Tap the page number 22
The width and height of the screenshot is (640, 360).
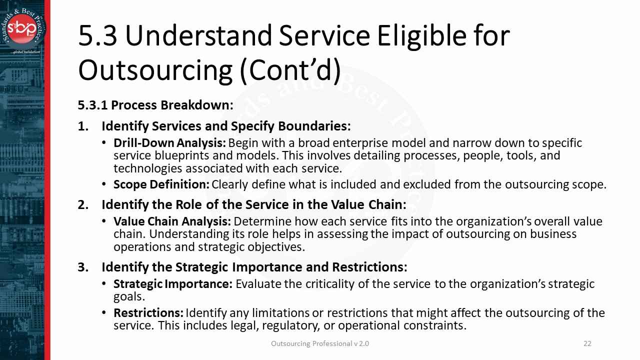(587, 343)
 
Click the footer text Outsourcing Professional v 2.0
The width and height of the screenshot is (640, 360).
(320, 343)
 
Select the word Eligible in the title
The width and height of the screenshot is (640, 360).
(421, 36)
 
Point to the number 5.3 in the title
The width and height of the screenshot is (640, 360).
(97, 36)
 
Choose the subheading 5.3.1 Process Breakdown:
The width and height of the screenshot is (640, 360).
(155, 105)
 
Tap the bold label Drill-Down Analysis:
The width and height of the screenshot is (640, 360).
(169, 143)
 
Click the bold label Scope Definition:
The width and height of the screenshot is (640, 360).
(161, 184)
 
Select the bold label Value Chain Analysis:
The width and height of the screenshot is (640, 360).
(172, 221)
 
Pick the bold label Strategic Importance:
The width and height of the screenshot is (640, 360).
(172, 284)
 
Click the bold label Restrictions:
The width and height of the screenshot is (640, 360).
(148, 313)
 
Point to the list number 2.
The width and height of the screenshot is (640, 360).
(82, 204)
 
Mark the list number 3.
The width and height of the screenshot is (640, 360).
(82, 267)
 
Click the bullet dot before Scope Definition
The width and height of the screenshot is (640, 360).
(103, 184)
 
